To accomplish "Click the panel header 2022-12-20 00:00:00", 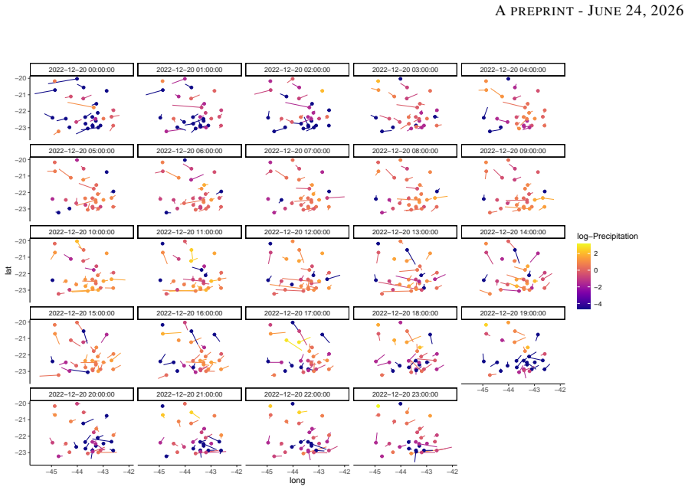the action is point(82,70).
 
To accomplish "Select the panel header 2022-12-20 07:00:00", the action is point(297,151).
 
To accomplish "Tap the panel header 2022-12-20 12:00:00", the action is point(297,232).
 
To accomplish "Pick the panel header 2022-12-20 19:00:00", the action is point(513,313).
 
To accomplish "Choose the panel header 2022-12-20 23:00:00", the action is point(405,394).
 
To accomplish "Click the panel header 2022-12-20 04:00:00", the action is point(513,70).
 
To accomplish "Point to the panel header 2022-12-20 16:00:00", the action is point(189,313).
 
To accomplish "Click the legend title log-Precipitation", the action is point(608,237).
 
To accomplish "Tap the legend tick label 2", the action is point(595,253).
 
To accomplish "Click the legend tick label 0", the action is point(595,270).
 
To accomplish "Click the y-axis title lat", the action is point(8,270).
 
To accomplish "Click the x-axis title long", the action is point(297,480).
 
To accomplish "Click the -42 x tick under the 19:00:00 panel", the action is point(560,390).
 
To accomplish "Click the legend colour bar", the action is point(584,276).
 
